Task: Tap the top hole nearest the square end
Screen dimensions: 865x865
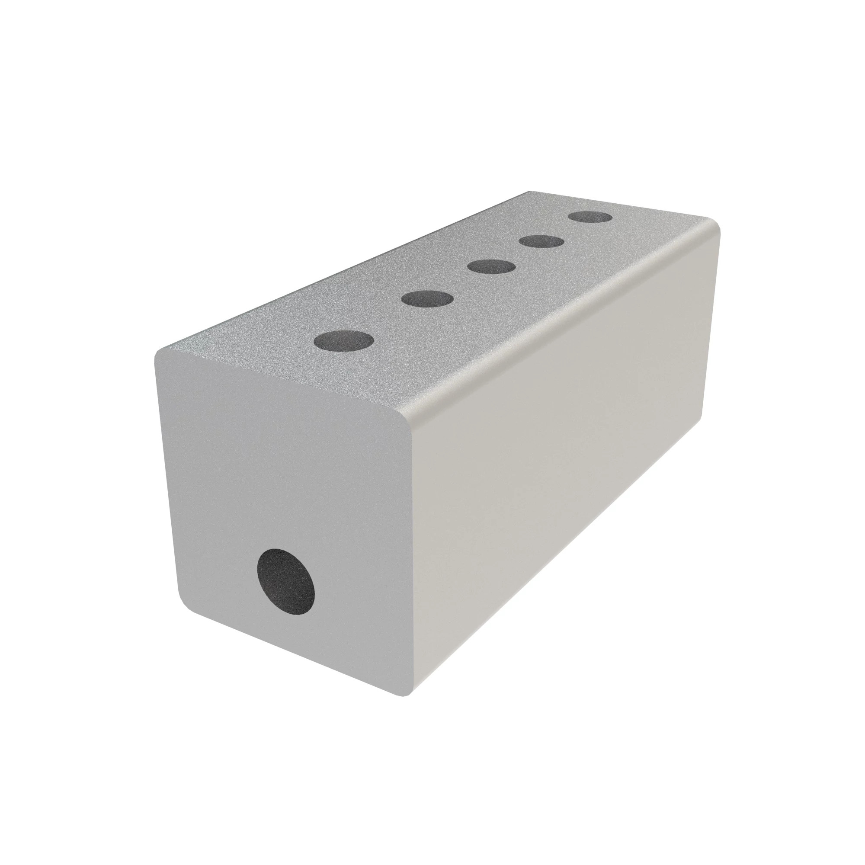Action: (343, 340)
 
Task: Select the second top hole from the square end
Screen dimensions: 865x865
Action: (427, 298)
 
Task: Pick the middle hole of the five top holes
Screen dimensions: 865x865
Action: (491, 267)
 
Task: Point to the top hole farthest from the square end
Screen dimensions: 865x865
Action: (590, 218)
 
